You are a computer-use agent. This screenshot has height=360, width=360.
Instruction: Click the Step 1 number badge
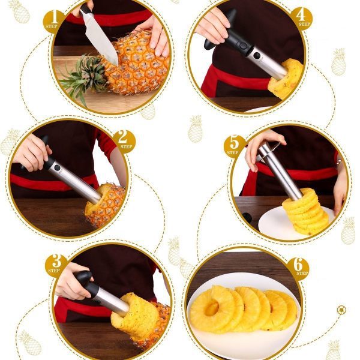55,19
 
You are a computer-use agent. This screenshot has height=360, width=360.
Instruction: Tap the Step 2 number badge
124,141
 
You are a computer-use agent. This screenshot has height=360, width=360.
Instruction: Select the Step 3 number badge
56,265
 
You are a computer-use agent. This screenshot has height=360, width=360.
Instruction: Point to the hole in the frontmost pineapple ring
212,308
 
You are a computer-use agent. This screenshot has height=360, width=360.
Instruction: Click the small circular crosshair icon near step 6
341,310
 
